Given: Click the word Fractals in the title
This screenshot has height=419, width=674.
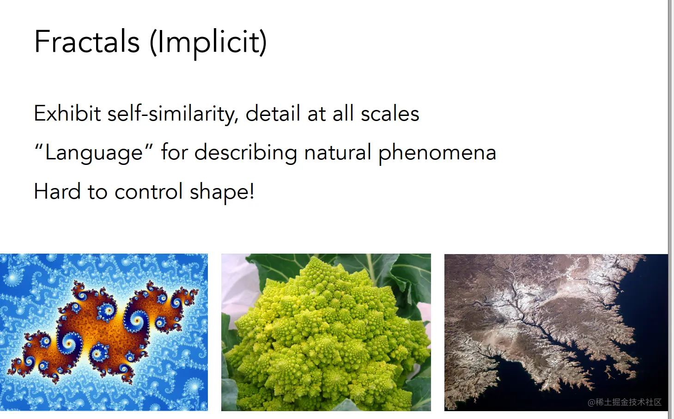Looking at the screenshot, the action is [x=87, y=42].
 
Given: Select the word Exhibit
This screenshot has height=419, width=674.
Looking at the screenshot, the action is [x=67, y=113].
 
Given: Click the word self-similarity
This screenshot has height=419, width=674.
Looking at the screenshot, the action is [x=173, y=114].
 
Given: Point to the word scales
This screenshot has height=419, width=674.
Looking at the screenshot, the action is [x=390, y=113].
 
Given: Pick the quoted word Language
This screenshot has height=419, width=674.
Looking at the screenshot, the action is [x=94, y=153].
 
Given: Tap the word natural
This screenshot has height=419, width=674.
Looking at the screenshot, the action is [x=338, y=152].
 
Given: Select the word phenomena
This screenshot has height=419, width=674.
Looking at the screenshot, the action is [x=437, y=153].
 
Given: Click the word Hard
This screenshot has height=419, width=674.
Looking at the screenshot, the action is [x=57, y=191].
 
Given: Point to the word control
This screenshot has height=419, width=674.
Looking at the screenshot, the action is [x=149, y=191].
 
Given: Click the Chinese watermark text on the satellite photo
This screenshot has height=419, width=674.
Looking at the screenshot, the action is [x=625, y=402].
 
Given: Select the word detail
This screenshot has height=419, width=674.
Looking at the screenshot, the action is [x=273, y=113].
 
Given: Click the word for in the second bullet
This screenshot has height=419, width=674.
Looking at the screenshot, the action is [x=175, y=152].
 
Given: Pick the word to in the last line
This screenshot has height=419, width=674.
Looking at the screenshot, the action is [x=97, y=192].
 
